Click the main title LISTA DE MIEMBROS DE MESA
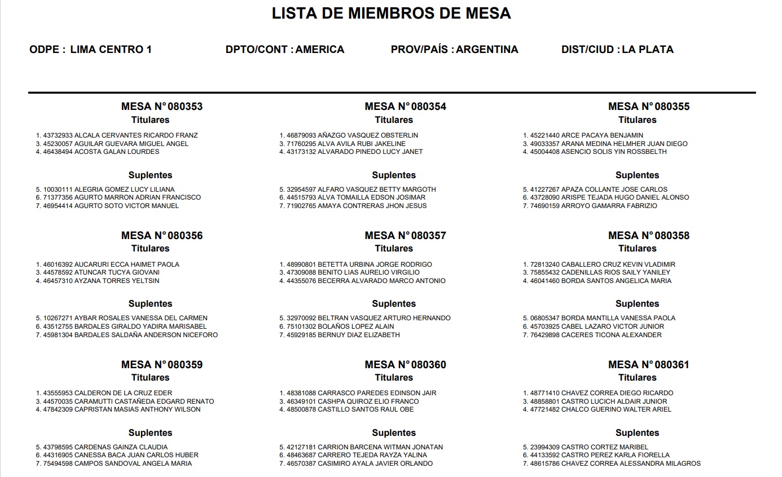pyautogui.click(x=391, y=14)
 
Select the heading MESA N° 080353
pyautogui.click(x=161, y=107)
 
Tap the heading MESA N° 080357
pyautogui.click(x=405, y=236)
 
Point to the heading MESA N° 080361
pyautogui.click(x=648, y=365)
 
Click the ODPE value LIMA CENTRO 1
pyautogui.click(x=111, y=50)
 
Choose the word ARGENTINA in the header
pyautogui.click(x=487, y=50)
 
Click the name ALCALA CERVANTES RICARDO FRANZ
pyautogui.click(x=136, y=135)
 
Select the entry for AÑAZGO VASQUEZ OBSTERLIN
pyautogui.click(x=368, y=135)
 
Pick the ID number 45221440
pyautogui.click(x=544, y=135)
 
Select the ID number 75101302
pyautogui.click(x=301, y=326)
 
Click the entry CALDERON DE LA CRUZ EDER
pyautogui.click(x=124, y=393)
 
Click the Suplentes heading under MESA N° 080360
pyautogui.click(x=394, y=433)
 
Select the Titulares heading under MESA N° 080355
pyautogui.click(x=637, y=120)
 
